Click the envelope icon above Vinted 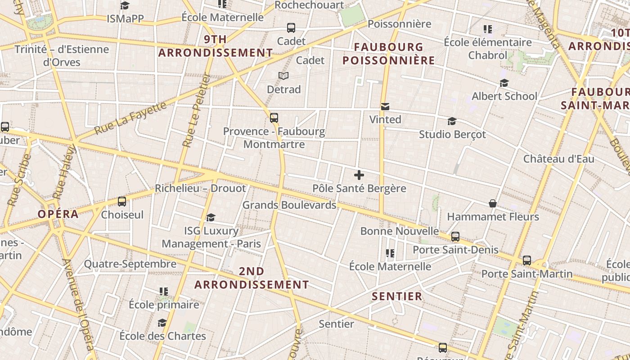[x=385, y=107]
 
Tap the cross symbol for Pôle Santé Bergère [x=359, y=175]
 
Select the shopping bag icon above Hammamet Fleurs [x=493, y=204]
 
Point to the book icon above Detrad [x=283, y=76]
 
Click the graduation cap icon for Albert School [x=504, y=83]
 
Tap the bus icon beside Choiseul [x=121, y=201]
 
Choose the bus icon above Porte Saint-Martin [x=526, y=260]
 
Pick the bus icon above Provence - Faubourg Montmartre [x=274, y=118]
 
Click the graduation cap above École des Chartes [x=162, y=323]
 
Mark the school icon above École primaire [x=163, y=292]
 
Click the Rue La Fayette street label [x=130, y=118]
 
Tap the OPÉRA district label [x=58, y=214]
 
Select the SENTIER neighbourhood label [x=397, y=296]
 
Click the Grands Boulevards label [x=289, y=205]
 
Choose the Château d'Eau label [x=558, y=159]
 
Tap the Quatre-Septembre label [x=130, y=264]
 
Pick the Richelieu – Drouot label [x=200, y=188]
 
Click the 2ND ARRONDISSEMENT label [x=252, y=278]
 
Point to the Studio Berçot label [x=452, y=135]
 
